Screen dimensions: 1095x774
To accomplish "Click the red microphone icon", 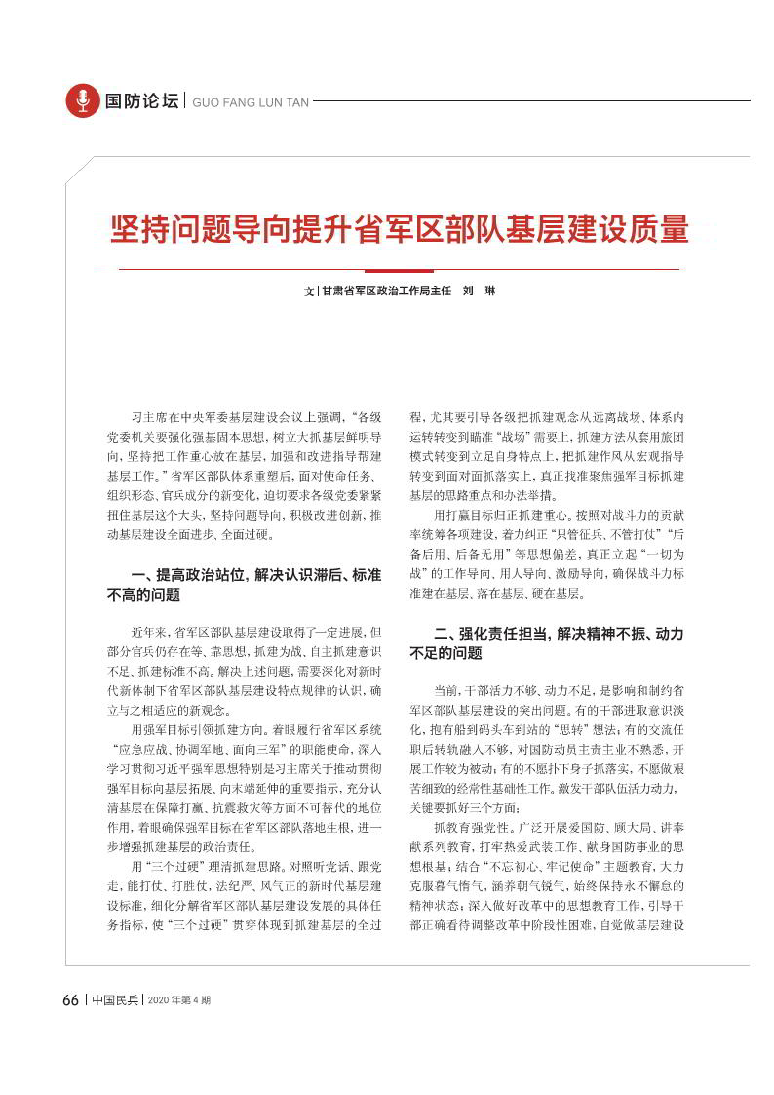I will click(83, 100).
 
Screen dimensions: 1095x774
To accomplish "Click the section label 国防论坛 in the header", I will click(141, 101).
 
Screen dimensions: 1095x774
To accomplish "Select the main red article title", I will click(399, 229).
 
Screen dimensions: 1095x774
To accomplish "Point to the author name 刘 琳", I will click(479, 291).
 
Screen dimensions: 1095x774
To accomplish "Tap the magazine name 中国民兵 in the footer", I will click(115, 1000).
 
